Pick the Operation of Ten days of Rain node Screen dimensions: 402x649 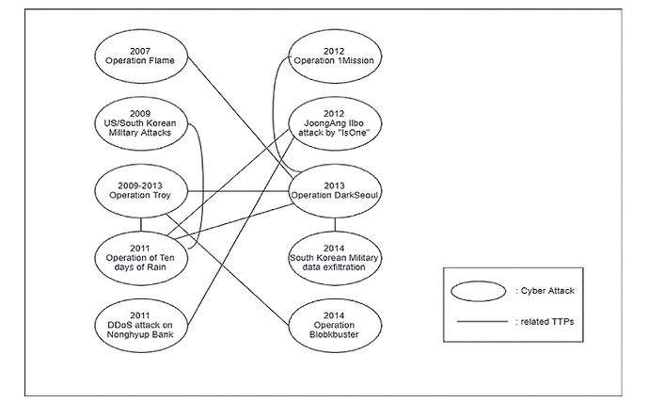(142, 254)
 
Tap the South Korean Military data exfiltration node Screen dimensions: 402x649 (336, 254)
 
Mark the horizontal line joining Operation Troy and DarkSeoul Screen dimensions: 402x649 (240, 192)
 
